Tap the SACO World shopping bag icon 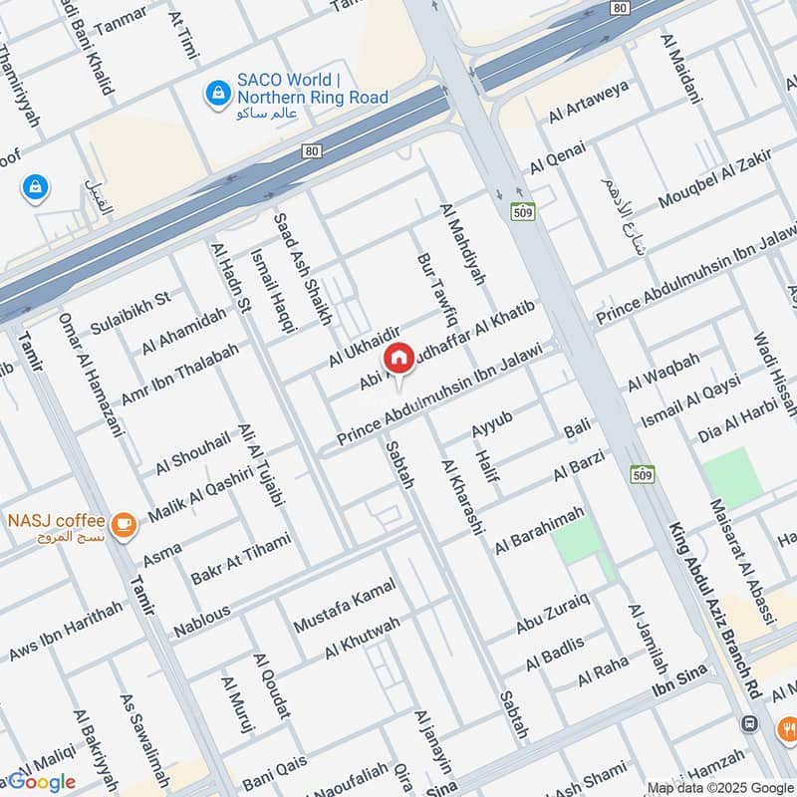pyautogui.click(x=215, y=94)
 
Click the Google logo pyautogui.click(x=42, y=782)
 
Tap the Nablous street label pyautogui.click(x=201, y=622)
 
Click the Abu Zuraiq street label pyautogui.click(x=553, y=613)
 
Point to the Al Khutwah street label pyautogui.click(x=362, y=639)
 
